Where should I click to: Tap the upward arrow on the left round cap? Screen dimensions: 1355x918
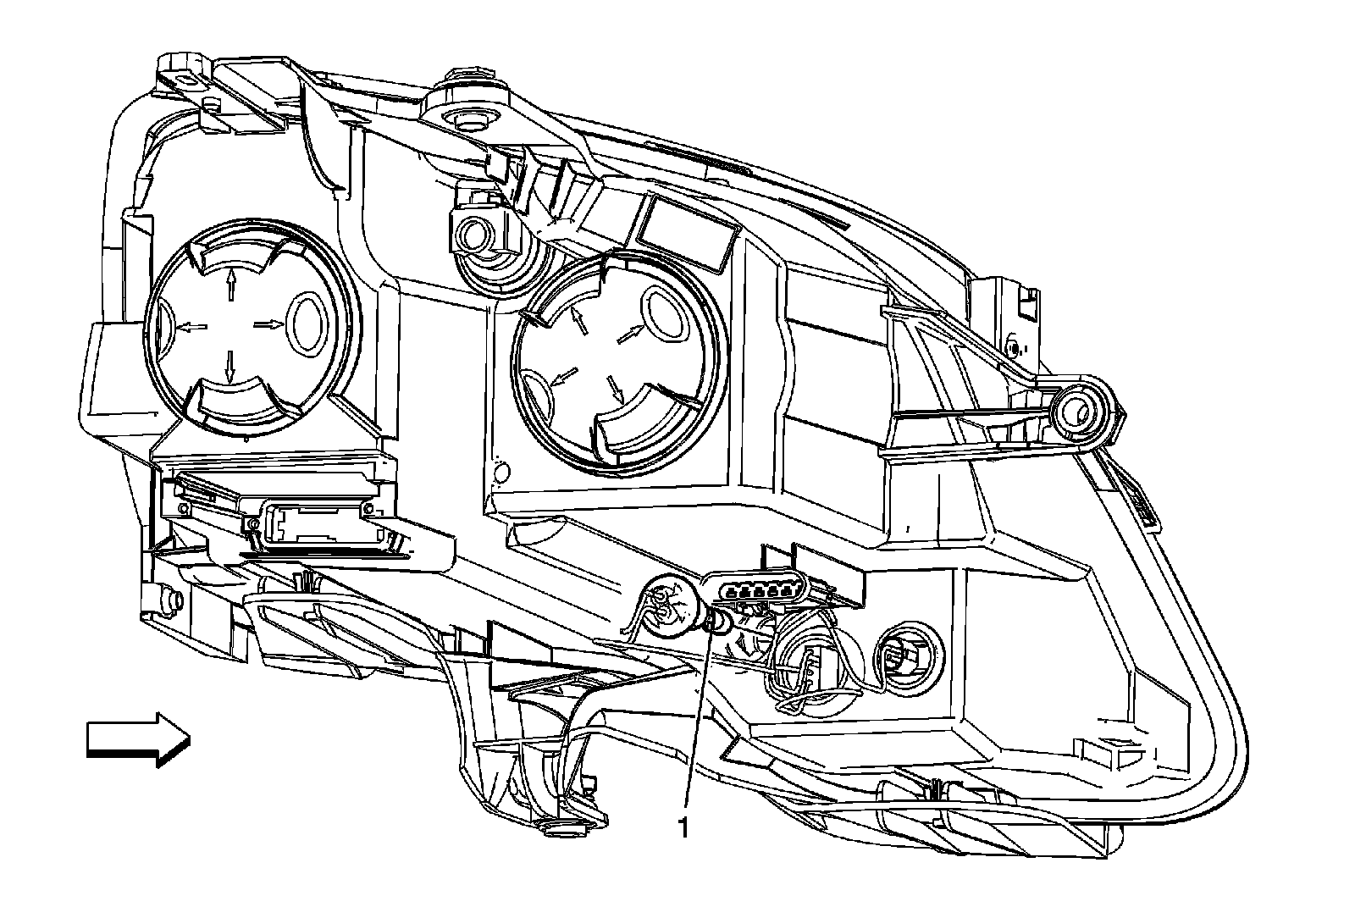click(x=230, y=287)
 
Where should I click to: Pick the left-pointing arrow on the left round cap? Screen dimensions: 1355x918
click(x=193, y=326)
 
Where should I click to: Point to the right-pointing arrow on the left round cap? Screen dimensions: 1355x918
click(x=268, y=323)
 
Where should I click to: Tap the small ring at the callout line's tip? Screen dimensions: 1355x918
click(x=716, y=624)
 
